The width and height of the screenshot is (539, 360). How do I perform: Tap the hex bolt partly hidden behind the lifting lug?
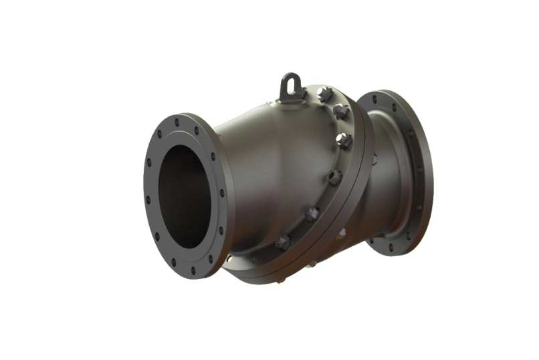300,93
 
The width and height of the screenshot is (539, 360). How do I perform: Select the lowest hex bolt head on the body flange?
283,242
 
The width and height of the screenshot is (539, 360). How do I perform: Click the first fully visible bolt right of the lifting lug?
325,94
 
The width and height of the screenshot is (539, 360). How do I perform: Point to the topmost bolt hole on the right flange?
374,99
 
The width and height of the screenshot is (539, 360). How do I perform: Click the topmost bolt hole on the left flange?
177,122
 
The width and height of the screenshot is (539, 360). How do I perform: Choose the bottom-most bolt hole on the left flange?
193,271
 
